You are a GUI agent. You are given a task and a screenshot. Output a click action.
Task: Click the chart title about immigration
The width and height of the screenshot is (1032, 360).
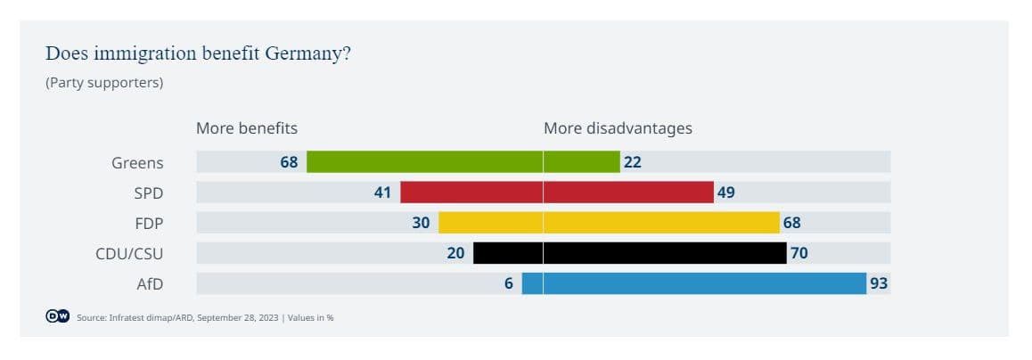pyautogui.click(x=198, y=53)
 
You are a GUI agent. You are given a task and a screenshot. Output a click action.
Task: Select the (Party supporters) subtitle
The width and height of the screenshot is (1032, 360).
pyautogui.click(x=104, y=83)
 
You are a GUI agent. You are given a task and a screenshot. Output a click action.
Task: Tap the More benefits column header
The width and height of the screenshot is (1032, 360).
pyautogui.click(x=247, y=128)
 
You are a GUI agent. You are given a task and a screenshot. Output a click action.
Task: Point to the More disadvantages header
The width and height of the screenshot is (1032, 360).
pyautogui.click(x=618, y=128)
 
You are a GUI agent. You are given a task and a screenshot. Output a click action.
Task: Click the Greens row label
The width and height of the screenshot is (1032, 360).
pyautogui.click(x=137, y=163)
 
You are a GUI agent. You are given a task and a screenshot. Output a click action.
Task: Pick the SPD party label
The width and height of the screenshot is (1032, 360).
pyautogui.click(x=149, y=192)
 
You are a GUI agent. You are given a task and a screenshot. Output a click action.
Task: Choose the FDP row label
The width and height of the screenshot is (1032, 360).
pyautogui.click(x=149, y=223)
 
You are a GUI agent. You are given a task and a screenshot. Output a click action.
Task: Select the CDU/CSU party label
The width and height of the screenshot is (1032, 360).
pyautogui.click(x=129, y=253)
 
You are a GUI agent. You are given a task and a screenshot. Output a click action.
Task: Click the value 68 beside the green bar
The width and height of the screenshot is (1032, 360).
pyautogui.click(x=289, y=163)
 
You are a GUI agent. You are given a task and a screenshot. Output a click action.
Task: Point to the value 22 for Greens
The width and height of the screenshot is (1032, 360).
pyautogui.click(x=633, y=163)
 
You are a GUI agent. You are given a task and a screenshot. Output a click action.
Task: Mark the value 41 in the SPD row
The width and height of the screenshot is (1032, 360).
pyautogui.click(x=382, y=192)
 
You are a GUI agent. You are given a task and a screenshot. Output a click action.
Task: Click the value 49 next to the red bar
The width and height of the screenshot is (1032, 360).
pyautogui.click(x=726, y=192)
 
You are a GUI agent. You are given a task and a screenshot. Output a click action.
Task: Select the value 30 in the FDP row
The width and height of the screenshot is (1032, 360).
pyautogui.click(x=421, y=223)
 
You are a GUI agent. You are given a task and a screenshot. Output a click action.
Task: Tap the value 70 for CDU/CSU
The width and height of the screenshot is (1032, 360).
pyautogui.click(x=799, y=253)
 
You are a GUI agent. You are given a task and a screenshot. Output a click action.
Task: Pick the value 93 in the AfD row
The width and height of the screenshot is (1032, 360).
pyautogui.click(x=879, y=284)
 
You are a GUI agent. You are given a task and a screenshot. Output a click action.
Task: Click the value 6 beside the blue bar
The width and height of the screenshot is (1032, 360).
pyautogui.click(x=509, y=284)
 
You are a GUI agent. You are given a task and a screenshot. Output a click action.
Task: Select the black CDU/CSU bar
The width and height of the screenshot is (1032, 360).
pyautogui.click(x=629, y=253)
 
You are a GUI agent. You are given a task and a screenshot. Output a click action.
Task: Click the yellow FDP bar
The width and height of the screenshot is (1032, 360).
pyautogui.click(x=609, y=223)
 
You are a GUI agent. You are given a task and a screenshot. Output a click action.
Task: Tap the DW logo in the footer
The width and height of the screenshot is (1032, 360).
pyautogui.click(x=58, y=316)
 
